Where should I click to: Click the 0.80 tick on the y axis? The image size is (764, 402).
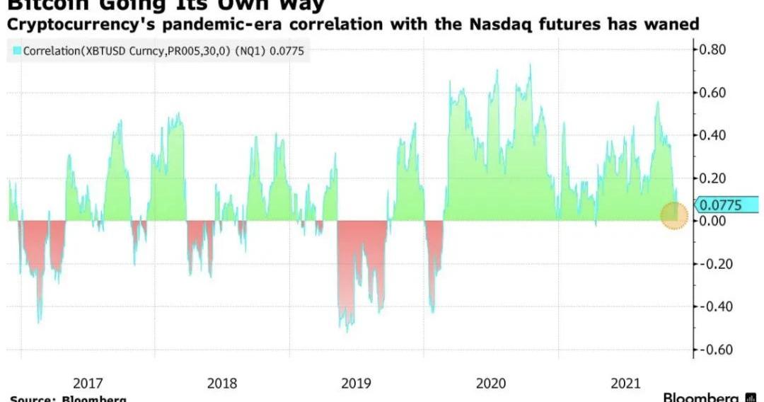pyautogui.click(x=714, y=50)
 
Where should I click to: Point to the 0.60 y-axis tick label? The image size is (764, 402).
pyautogui.click(x=714, y=93)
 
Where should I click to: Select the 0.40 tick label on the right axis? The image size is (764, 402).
pyautogui.click(x=714, y=135)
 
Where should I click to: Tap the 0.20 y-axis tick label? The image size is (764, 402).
pyautogui.click(x=714, y=178)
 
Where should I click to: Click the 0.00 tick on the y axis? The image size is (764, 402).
pyautogui.click(x=714, y=221)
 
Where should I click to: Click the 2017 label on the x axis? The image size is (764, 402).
pyautogui.click(x=88, y=383)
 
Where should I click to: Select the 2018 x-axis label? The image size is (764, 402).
pyautogui.click(x=222, y=383)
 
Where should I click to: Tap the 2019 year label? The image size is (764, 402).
pyautogui.click(x=356, y=383)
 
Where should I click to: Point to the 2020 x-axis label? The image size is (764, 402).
pyautogui.click(x=491, y=383)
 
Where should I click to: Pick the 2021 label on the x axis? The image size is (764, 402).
pyautogui.click(x=625, y=383)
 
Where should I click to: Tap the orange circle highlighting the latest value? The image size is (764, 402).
pyautogui.click(x=674, y=215)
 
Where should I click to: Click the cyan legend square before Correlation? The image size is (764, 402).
pyautogui.click(x=17, y=51)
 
